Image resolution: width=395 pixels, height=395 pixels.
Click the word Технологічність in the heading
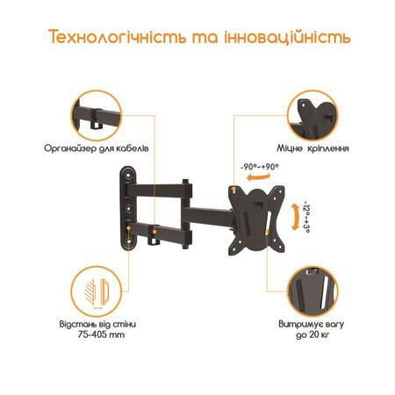(117, 37)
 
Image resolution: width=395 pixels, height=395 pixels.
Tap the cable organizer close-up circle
(96, 116)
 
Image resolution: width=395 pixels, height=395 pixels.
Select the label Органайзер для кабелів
(97, 148)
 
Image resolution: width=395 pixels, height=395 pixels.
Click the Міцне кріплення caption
(312, 148)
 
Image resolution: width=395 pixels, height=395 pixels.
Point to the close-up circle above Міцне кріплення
(312, 116)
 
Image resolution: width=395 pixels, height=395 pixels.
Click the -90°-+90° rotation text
(259, 167)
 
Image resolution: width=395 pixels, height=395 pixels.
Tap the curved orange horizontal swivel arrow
(258, 177)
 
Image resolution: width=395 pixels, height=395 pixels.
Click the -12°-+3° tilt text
(306, 217)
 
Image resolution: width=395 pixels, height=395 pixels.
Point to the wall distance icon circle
(97, 291)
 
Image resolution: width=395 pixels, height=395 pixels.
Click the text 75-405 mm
(101, 334)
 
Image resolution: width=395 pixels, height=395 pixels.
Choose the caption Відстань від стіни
(97, 324)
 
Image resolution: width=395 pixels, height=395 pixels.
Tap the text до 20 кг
(312, 334)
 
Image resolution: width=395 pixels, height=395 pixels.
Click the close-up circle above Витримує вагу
(312, 291)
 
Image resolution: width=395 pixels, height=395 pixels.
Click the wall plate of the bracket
(128, 208)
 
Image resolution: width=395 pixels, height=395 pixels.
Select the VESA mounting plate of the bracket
(256, 220)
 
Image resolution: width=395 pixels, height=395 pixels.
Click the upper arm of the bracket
(161, 190)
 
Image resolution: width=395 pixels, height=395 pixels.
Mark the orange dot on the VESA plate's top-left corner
(233, 190)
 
